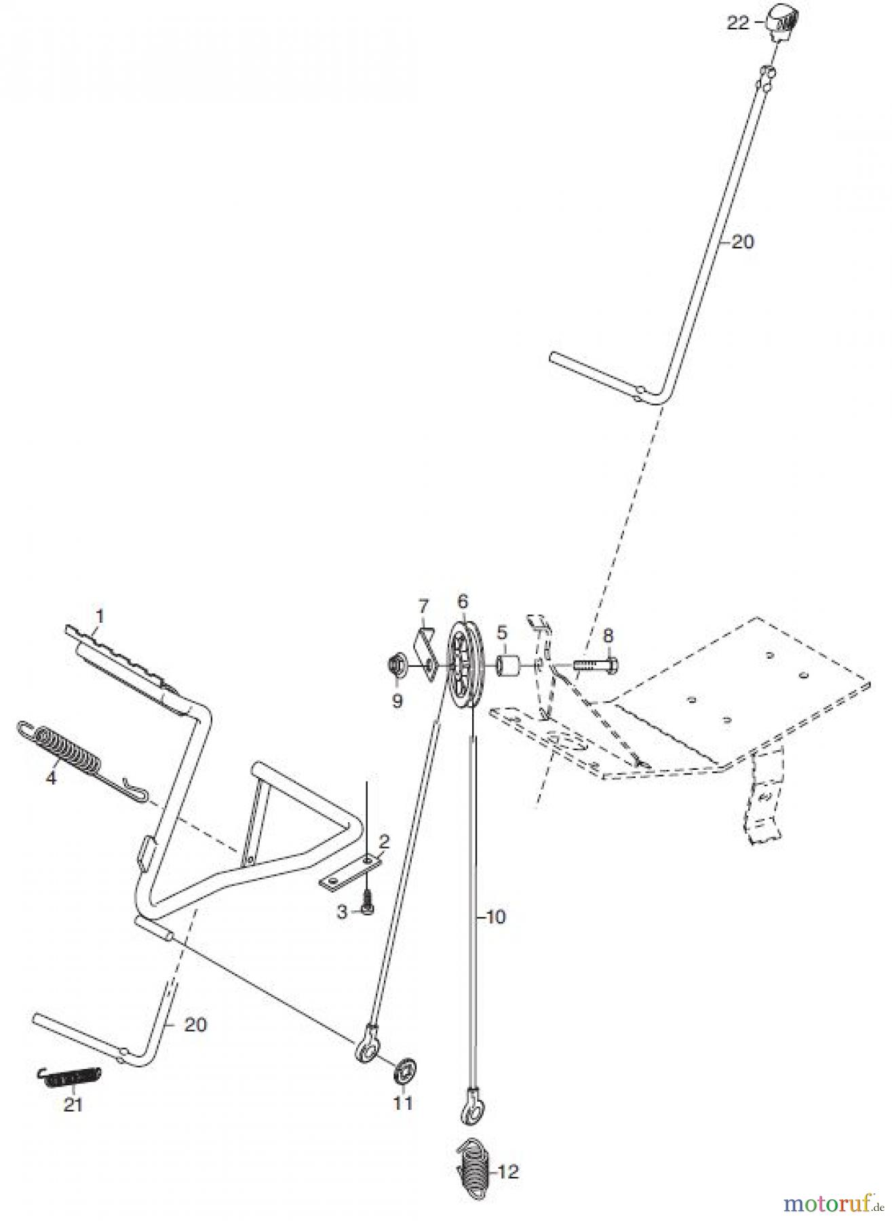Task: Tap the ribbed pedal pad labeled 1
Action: [x=125, y=661]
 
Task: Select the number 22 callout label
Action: [x=738, y=23]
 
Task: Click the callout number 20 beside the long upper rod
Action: [x=742, y=242]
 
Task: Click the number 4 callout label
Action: [x=51, y=778]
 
